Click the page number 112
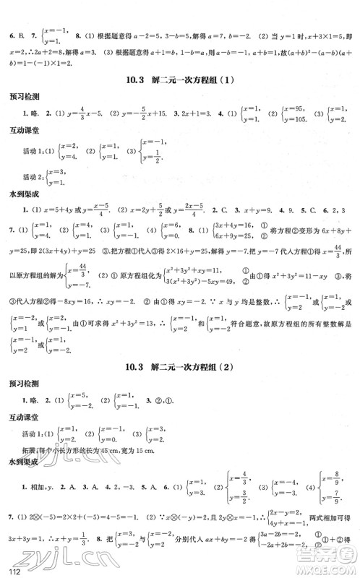click(x=10, y=571)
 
